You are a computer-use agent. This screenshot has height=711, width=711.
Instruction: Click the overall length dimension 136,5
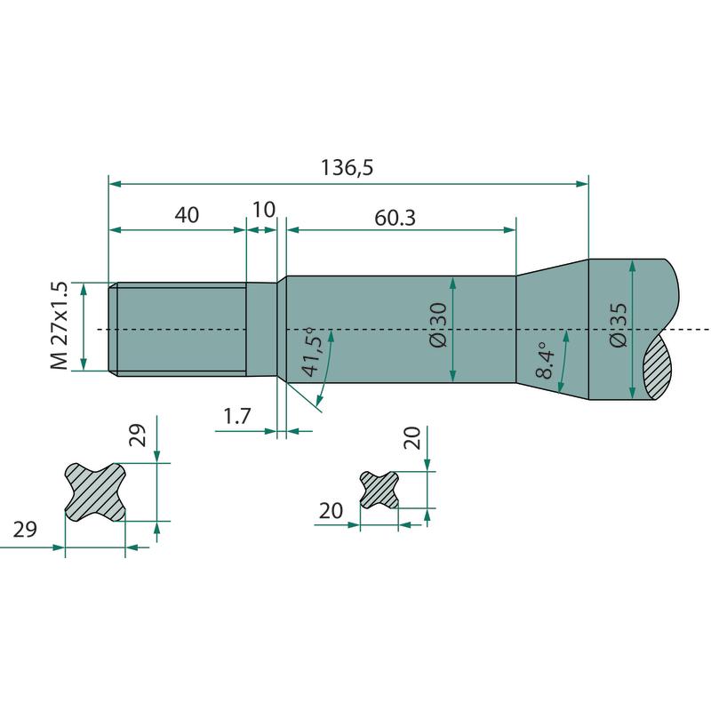tap(347, 168)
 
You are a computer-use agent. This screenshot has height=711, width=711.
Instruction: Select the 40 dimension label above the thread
tap(187, 214)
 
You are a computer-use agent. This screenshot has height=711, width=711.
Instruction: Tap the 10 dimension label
tap(263, 210)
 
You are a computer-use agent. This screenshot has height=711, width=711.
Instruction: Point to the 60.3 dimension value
tap(395, 218)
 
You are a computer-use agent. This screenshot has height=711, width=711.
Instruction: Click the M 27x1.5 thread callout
tap(60, 325)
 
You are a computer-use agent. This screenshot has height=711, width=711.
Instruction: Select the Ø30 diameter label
tap(438, 324)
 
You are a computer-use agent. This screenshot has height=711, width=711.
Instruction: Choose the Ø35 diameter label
tap(619, 324)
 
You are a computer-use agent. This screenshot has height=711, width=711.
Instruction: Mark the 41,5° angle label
tap(313, 352)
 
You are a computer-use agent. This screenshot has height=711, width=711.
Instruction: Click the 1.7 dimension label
tap(237, 416)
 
